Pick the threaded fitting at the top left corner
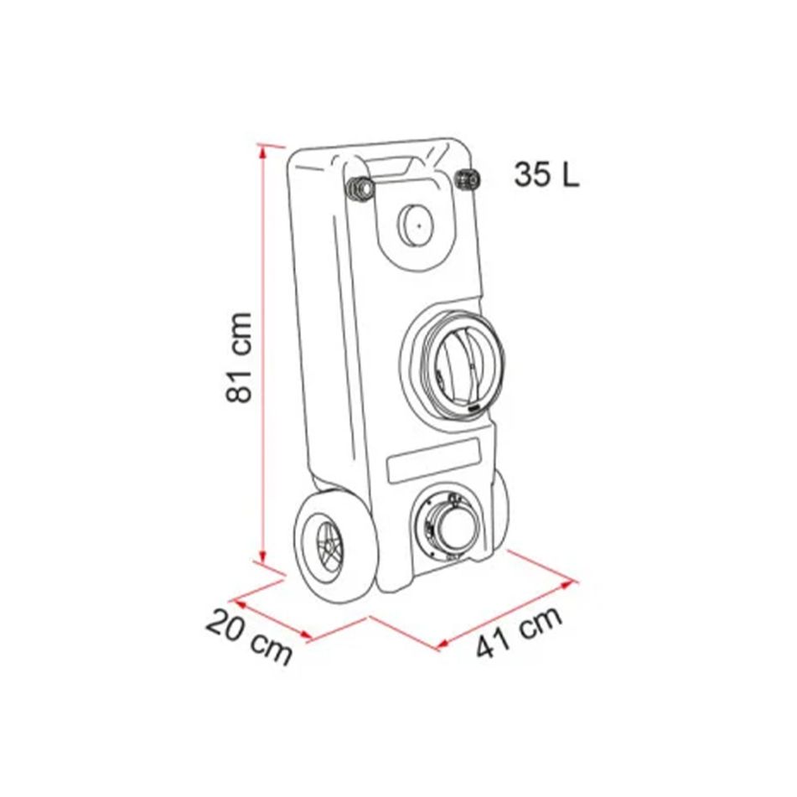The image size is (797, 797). tap(361, 189)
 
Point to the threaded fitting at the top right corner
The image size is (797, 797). tap(467, 178)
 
